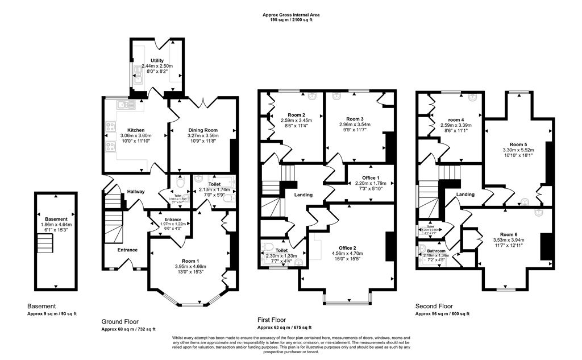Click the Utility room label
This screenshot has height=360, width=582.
pos(157,60)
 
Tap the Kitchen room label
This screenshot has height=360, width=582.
pos(136,130)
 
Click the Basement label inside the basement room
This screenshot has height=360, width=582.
pos(56,219)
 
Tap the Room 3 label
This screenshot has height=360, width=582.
pos(355,119)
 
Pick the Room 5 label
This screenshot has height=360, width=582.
pos(518,144)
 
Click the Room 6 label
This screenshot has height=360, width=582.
pos(509,234)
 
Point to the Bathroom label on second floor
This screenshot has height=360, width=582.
pos(436,250)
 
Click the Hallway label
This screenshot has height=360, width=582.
pos(136,192)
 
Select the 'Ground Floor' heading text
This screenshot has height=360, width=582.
pos(119,321)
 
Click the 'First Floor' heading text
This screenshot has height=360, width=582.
pos(272,320)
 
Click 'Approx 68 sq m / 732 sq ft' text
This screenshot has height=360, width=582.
pos(128,329)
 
